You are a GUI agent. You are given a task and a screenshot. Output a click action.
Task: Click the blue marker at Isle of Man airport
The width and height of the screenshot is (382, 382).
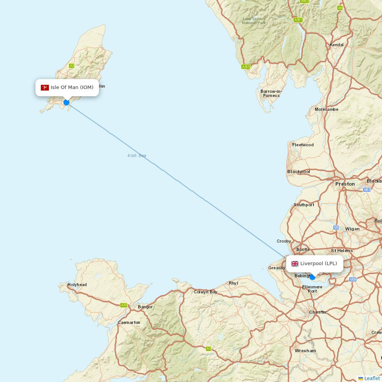(66, 102)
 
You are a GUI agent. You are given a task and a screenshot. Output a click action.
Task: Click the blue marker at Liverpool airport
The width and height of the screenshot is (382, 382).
(312, 277)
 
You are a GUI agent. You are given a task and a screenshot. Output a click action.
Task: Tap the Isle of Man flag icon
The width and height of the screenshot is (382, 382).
(45, 87)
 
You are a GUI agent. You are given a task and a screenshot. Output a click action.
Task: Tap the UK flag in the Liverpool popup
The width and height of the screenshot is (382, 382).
(295, 264)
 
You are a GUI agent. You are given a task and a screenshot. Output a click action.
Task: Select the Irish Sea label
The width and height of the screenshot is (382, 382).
(137, 155)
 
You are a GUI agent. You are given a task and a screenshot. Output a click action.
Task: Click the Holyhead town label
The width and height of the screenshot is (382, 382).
(77, 285)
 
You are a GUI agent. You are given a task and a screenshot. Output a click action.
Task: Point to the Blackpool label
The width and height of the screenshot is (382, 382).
(298, 172)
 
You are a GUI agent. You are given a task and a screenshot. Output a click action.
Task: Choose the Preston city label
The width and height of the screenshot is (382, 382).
(345, 184)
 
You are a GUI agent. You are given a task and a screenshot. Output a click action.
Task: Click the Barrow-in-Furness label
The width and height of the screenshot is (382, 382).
(271, 93)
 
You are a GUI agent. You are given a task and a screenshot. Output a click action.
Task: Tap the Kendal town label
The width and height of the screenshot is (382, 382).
(337, 45)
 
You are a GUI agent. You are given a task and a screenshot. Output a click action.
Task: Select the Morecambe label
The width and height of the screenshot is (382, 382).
(327, 109)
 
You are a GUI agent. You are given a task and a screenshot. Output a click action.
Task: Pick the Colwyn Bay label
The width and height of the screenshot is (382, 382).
(206, 292)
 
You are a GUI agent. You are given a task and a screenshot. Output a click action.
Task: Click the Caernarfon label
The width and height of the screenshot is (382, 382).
(129, 322)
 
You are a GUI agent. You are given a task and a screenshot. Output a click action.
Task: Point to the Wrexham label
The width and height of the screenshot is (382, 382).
(305, 351)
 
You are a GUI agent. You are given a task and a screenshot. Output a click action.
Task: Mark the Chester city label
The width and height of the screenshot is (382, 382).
(318, 312)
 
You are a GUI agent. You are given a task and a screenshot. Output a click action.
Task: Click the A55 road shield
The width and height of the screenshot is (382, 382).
(124, 305)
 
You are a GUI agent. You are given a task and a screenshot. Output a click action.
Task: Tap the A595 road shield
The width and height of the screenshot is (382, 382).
(246, 67)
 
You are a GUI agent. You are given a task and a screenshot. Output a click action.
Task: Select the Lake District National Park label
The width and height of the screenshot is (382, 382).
(254, 21)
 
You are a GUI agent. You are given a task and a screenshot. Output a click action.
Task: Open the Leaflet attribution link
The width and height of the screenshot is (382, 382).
(372, 378)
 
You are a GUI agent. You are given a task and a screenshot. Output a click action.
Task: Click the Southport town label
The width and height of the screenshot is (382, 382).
(304, 205)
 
